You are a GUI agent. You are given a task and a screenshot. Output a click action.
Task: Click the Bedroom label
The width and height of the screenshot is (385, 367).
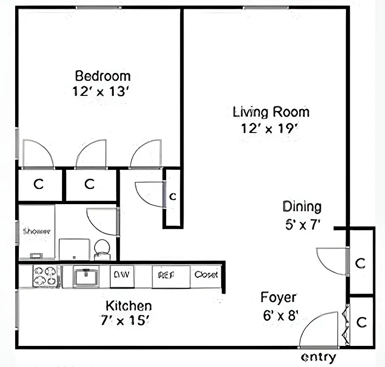(103, 75)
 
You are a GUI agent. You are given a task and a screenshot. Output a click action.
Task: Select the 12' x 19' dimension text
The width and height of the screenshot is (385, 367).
(270, 128)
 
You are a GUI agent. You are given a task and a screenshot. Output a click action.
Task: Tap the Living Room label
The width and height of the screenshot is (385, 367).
(271, 112)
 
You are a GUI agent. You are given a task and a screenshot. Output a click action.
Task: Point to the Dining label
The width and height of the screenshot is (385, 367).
(301, 207)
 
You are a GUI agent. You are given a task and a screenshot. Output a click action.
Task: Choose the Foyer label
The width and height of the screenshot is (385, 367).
(279, 297)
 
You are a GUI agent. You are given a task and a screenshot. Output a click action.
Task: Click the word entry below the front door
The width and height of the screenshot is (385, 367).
(318, 357)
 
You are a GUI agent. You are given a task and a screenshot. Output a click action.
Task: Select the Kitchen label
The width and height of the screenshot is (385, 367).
(128, 306)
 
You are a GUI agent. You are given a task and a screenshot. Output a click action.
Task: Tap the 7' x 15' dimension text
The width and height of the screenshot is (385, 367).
(125, 321)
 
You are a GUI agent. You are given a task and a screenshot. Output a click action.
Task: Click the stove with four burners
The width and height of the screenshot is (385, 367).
(46, 277)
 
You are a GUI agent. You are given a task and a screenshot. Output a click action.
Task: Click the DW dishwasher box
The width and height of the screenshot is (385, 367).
(122, 275)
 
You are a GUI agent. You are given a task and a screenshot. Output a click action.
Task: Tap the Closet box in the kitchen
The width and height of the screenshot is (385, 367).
(206, 275)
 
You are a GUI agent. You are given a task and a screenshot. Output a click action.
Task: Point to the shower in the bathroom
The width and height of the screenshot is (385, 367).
(37, 231)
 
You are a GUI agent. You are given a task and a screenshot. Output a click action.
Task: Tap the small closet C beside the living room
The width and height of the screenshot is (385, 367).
(173, 197)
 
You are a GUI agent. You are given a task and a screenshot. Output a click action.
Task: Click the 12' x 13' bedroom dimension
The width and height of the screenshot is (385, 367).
(103, 91)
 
